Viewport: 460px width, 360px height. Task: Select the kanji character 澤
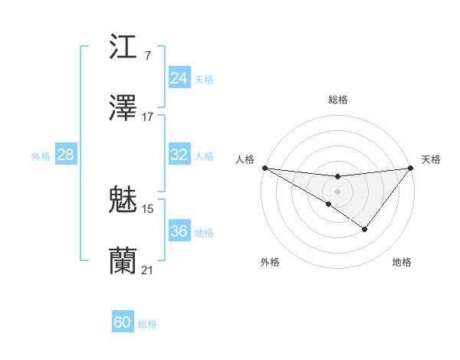[x=123, y=108]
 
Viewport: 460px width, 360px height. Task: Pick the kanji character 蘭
[x=123, y=260]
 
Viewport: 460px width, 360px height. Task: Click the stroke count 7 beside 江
[x=147, y=56]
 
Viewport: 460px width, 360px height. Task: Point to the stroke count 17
[x=147, y=116]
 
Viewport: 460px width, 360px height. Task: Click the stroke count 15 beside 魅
[x=148, y=208]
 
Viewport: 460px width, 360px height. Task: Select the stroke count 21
[x=148, y=269]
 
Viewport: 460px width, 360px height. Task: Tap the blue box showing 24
[x=179, y=78]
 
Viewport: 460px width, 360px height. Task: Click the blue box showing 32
[x=179, y=155]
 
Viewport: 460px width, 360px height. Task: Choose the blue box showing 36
[x=179, y=231]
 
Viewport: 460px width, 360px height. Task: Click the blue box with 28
[x=65, y=155]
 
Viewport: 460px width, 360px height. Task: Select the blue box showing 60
[x=123, y=322]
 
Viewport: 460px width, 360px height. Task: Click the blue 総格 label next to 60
[x=147, y=324]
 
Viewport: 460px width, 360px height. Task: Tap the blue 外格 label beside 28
[x=41, y=156]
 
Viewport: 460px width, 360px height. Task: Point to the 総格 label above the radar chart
[x=337, y=100]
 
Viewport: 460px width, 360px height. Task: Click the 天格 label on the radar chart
[x=432, y=159]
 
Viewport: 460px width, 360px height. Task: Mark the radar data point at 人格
[x=264, y=168]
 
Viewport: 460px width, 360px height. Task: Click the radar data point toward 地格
[x=365, y=229]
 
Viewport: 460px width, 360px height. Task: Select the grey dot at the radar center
[x=337, y=191]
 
